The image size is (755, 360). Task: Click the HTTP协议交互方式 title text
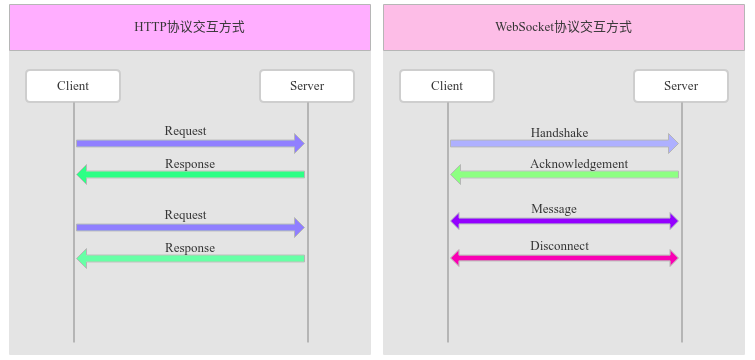click(x=189, y=27)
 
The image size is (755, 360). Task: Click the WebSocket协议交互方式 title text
click(x=563, y=27)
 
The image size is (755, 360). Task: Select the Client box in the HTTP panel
click(x=73, y=86)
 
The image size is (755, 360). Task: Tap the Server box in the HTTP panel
click(x=307, y=86)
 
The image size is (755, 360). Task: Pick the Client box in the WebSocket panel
click(x=447, y=86)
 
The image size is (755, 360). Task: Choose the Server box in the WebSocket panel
click(x=681, y=86)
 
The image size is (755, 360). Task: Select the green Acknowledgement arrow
click(x=570, y=175)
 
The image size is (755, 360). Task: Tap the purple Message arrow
click(x=564, y=221)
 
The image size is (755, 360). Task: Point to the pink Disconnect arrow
click(x=564, y=258)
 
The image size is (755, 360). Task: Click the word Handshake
click(x=559, y=132)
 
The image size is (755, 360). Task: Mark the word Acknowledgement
click(x=579, y=163)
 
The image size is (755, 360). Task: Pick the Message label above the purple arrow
click(x=553, y=209)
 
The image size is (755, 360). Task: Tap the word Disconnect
click(x=559, y=246)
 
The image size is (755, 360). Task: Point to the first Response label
click(x=190, y=163)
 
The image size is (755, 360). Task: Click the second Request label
click(x=186, y=215)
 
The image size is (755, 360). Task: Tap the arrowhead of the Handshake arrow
click(x=673, y=144)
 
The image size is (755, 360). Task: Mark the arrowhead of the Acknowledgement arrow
click(x=456, y=175)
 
